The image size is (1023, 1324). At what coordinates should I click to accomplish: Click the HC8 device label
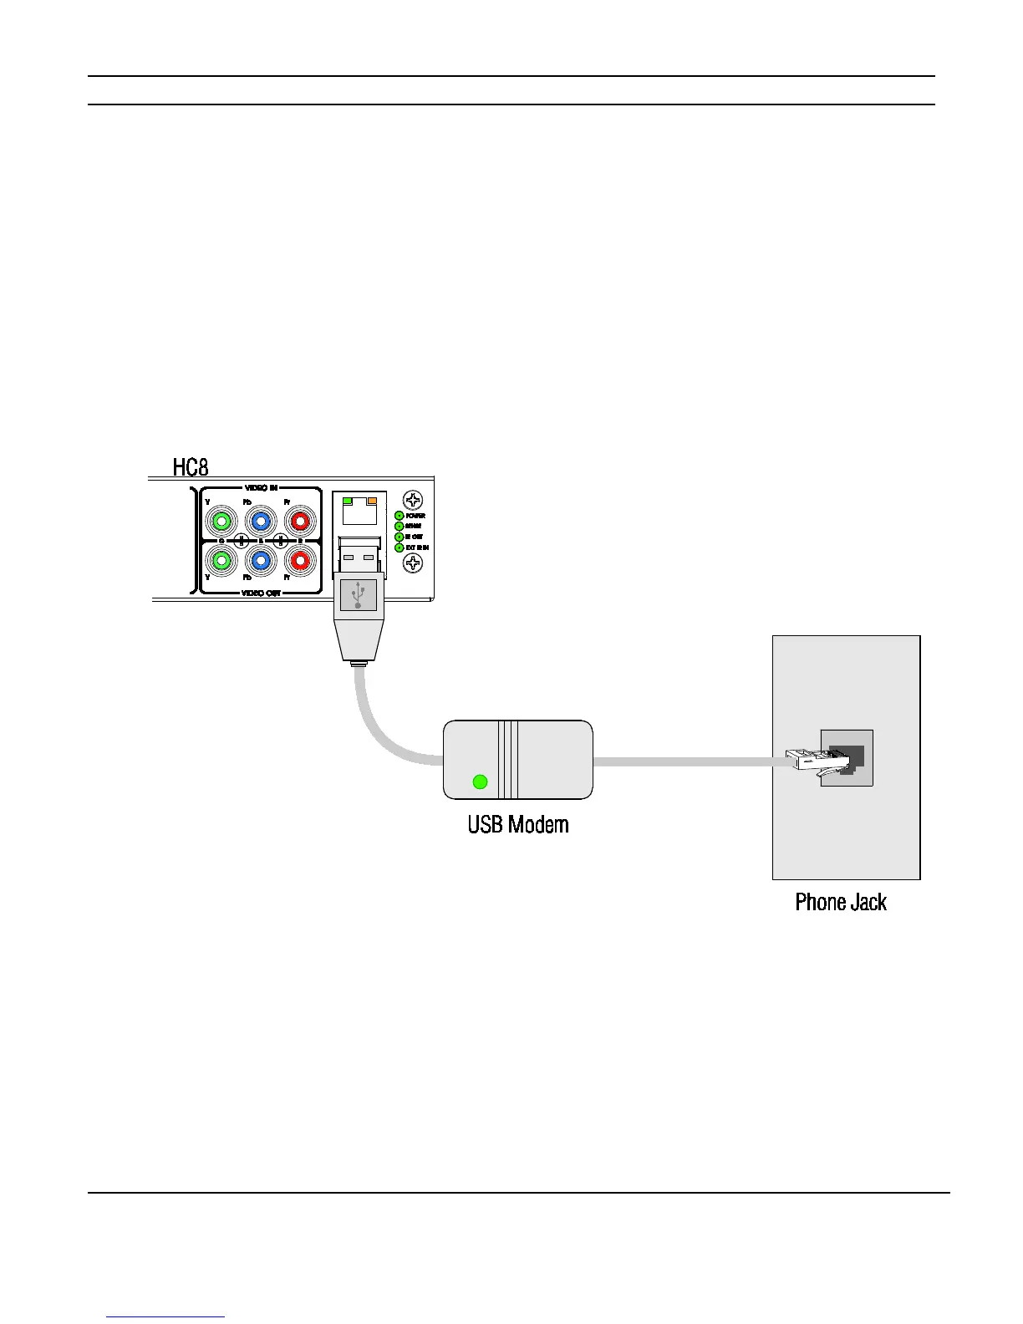coord(191,466)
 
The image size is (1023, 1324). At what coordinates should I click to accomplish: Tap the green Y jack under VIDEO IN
coord(221,522)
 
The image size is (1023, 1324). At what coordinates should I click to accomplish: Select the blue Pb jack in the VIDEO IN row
coord(261,522)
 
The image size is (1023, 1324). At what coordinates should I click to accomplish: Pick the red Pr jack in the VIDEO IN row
coord(299,522)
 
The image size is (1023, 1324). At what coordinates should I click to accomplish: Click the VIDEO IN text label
coord(261,487)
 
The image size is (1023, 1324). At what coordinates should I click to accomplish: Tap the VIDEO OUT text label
coord(261,593)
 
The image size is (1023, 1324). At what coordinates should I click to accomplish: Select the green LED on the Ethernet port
coord(348,500)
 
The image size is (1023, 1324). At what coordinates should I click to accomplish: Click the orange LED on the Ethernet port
coord(372,500)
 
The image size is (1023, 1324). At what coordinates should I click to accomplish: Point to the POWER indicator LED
coord(400,516)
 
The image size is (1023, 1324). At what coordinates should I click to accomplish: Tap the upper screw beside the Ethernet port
coord(413,500)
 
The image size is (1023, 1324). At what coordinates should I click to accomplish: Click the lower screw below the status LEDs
coord(413,563)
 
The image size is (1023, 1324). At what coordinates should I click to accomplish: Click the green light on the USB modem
coord(480,782)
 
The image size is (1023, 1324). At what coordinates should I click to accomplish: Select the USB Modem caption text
coord(518,825)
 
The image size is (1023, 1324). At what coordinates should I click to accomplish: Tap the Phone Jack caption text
coord(841,903)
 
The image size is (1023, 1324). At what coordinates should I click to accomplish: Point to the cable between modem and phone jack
coord(685,762)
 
